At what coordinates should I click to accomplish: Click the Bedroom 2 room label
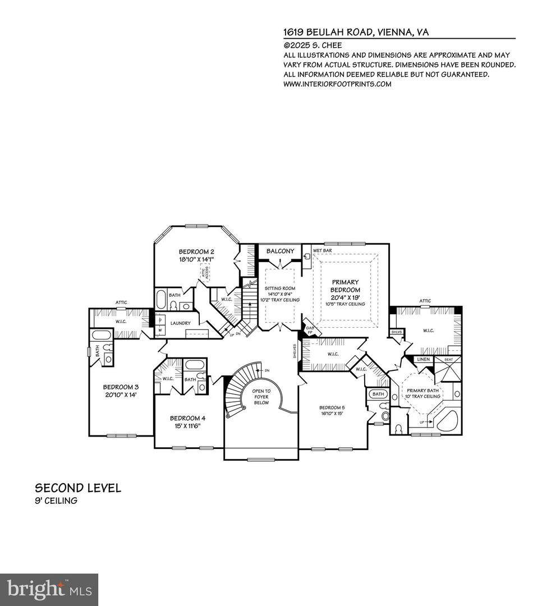tap(196, 251)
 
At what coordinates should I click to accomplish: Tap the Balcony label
tap(280, 251)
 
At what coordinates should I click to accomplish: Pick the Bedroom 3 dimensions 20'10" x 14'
tap(120, 395)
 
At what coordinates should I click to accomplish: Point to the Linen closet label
tap(423, 359)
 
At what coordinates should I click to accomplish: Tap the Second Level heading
tap(77, 488)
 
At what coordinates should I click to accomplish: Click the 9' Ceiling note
tap(56, 501)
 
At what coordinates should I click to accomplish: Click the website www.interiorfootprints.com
tap(337, 84)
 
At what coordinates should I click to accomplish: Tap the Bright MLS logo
tap(49, 589)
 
